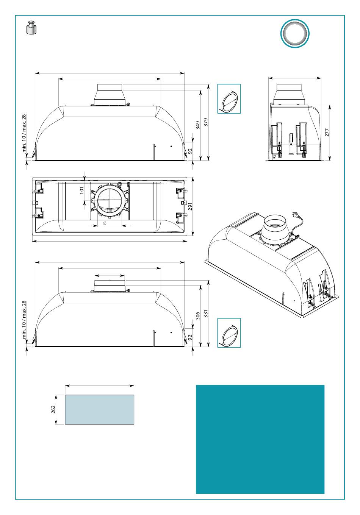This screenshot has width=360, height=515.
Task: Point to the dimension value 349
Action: click(198, 125)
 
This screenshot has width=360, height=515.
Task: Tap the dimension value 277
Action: click(327, 132)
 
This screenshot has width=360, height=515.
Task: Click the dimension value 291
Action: click(191, 206)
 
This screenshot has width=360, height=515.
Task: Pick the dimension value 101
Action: click(81, 190)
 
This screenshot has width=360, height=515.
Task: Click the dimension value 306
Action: click(198, 316)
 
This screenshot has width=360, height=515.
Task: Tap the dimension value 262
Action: click(53, 409)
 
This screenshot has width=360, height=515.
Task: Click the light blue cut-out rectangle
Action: click(99, 409)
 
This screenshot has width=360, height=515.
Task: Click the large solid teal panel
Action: click(260, 439)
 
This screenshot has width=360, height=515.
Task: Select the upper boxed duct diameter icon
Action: click(229, 99)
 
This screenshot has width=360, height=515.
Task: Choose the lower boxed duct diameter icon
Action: click(229, 333)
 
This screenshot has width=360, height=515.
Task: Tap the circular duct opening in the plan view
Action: click(109, 201)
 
